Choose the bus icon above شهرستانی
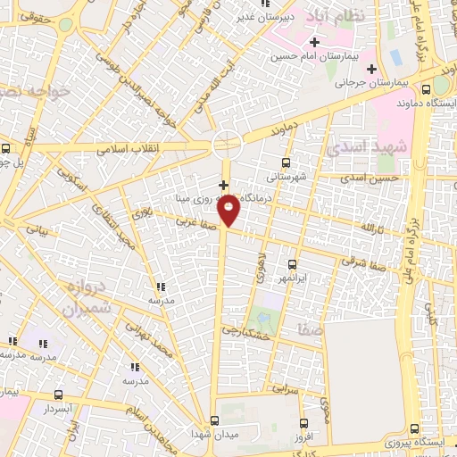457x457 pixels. (286, 162)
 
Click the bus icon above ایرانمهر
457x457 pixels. (292, 263)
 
